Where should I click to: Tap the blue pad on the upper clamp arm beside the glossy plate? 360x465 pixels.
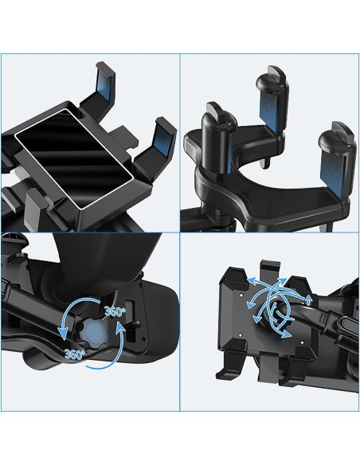pyautogui.click(x=105, y=84)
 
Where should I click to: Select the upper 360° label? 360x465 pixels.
pyautogui.click(x=115, y=312)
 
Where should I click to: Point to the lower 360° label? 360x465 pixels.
pyautogui.click(x=75, y=354)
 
